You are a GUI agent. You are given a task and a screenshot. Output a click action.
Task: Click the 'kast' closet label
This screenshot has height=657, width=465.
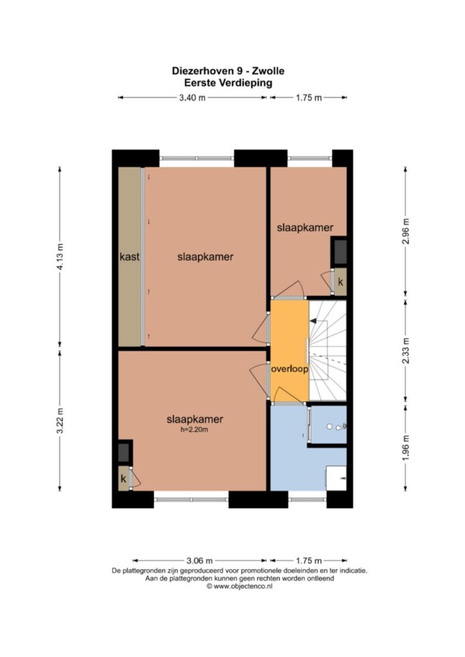[130, 257]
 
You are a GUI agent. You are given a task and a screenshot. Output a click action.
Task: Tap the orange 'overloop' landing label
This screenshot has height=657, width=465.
[290, 369]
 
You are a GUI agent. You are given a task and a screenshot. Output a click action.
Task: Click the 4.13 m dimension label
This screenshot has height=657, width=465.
[60, 257]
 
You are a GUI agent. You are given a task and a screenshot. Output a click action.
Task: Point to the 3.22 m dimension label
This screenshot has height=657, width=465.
[60, 420]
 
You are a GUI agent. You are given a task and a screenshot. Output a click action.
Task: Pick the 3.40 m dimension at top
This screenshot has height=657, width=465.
[193, 98]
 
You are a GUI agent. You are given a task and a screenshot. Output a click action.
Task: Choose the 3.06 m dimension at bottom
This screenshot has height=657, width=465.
[200, 561]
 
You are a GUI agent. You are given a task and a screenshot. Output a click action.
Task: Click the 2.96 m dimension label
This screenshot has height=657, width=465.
[405, 232]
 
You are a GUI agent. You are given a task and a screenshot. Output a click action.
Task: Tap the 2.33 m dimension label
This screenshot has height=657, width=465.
[405, 351]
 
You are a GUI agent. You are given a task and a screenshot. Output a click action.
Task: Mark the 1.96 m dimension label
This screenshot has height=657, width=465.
[405, 447]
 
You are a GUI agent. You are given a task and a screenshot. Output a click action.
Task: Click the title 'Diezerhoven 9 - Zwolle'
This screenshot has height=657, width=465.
[228, 71]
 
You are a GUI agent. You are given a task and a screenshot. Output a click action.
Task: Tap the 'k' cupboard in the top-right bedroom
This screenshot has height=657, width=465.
[340, 282]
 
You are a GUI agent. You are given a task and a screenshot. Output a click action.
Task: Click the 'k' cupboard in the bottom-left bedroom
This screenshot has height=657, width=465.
[124, 478]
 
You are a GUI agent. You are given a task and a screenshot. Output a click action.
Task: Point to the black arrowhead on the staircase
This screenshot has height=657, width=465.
[313, 321]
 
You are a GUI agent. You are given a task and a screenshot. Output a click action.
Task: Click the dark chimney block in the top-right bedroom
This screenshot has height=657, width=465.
[340, 252]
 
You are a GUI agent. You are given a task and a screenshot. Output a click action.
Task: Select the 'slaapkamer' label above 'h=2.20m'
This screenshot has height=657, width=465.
[195, 419]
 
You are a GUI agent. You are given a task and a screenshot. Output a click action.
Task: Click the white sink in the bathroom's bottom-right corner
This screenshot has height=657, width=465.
[337, 478]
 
